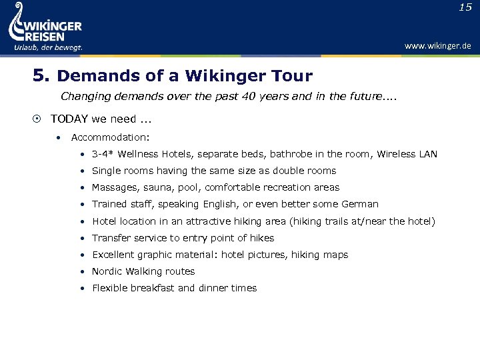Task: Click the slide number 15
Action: click(465, 7)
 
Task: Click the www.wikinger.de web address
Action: click(437, 46)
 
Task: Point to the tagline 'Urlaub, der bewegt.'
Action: click(47, 47)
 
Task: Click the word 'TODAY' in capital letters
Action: click(67, 119)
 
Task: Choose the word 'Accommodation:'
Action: click(110, 137)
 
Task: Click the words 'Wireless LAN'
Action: click(407, 154)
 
